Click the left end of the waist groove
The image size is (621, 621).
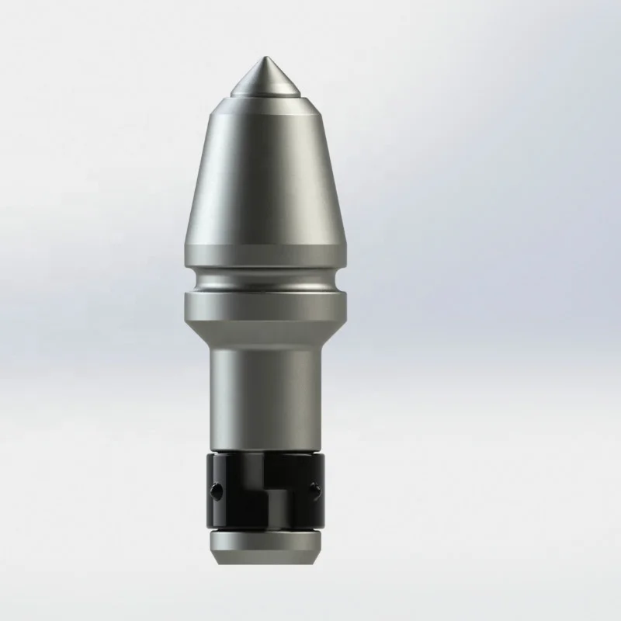[190, 281]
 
